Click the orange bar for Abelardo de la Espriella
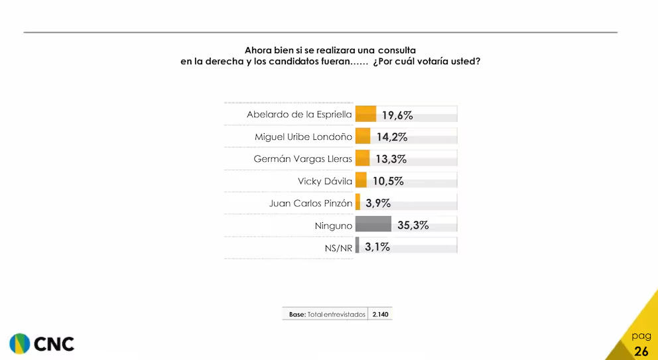[x=366, y=114]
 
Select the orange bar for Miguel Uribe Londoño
[x=363, y=137]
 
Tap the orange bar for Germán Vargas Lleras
[x=362, y=158]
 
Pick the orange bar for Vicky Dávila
[x=361, y=180]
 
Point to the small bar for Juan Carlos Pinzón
[x=358, y=202]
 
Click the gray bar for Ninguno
[x=373, y=224]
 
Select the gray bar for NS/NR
[x=358, y=246]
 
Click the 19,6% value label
[x=397, y=115]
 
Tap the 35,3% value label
[x=413, y=225]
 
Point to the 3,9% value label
[x=378, y=204]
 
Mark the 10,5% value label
[x=388, y=182]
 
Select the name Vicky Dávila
[x=325, y=181]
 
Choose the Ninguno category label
[x=333, y=225]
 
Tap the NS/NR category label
[x=338, y=247]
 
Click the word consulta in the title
[x=396, y=50]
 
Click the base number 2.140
[x=380, y=314]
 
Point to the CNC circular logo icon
[x=19, y=343]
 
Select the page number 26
[x=641, y=351]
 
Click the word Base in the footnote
[x=296, y=314]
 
